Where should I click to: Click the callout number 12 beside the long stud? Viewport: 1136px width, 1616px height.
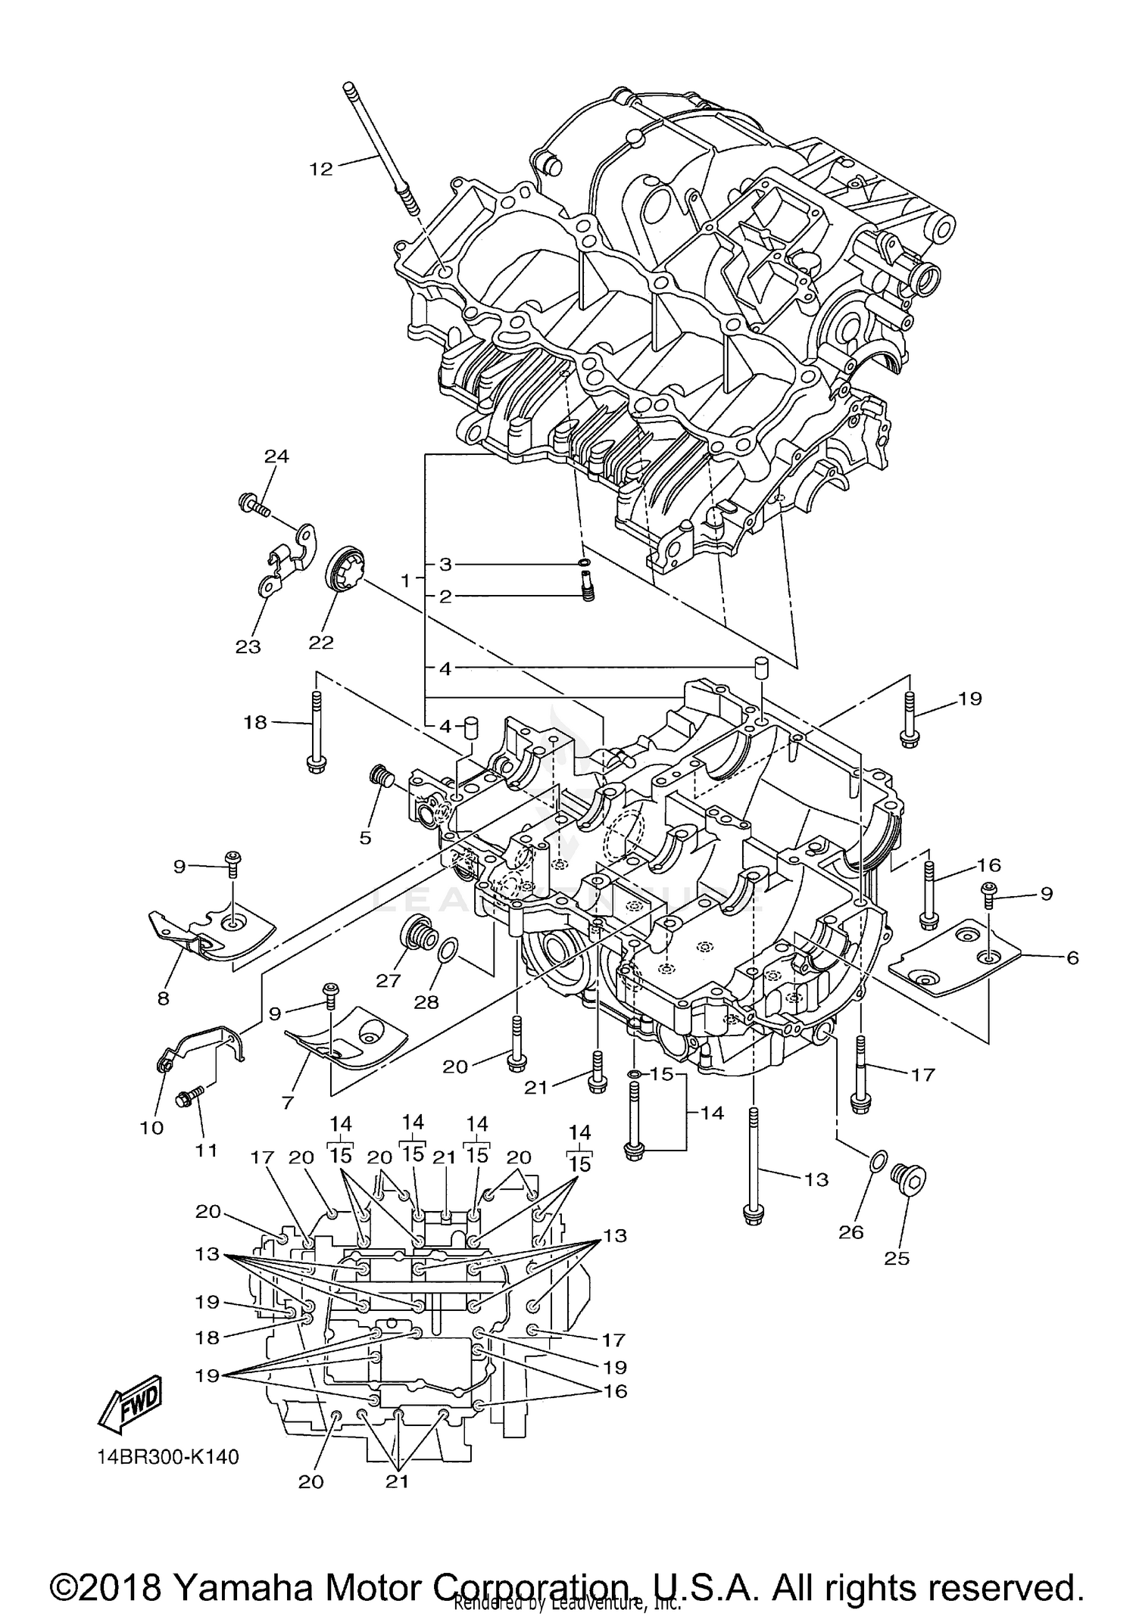point(321,169)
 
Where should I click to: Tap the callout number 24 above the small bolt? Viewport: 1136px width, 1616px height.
point(276,456)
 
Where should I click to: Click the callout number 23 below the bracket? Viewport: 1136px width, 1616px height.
point(248,646)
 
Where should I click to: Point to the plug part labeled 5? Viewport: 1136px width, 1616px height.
point(379,777)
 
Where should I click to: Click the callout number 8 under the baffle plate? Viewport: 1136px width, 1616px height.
point(164,998)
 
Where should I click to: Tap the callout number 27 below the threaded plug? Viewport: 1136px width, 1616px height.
point(388,980)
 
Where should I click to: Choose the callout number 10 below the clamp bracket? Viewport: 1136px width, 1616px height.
point(151,1127)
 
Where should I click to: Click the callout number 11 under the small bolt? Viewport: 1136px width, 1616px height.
point(206,1150)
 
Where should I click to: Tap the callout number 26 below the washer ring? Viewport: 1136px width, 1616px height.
point(851,1231)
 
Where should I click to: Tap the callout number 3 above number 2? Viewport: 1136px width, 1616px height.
point(445,564)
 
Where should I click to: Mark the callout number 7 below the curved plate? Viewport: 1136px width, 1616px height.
point(287,1103)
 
